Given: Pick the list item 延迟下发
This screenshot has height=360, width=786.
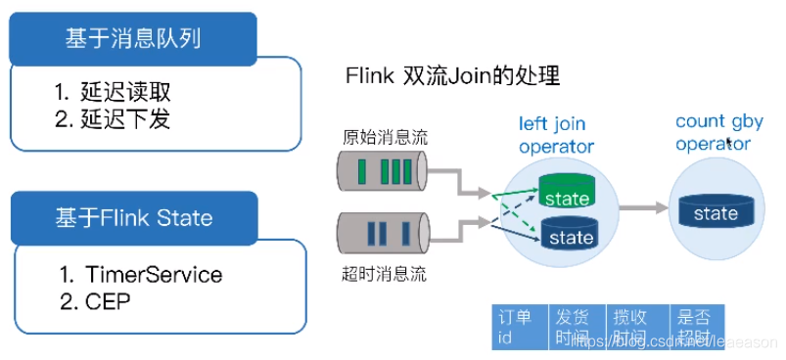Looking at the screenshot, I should pyautogui.click(x=126, y=122).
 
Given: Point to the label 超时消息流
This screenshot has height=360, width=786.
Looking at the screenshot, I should pyautogui.click(x=384, y=275).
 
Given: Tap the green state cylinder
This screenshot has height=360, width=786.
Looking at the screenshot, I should pyautogui.click(x=567, y=194).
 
